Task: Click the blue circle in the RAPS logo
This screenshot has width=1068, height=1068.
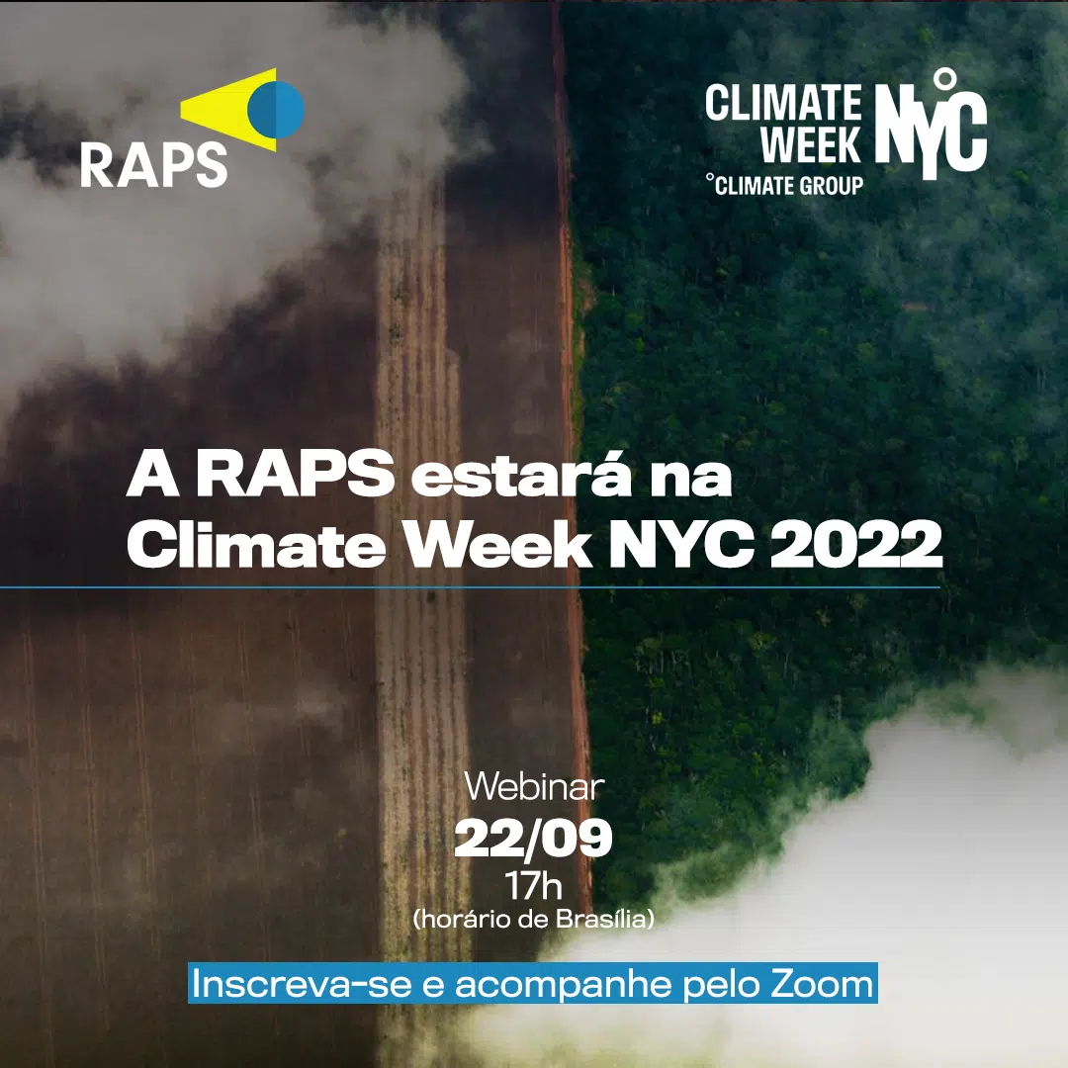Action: (x=275, y=109)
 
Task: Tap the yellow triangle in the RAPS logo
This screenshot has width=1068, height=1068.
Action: (x=224, y=109)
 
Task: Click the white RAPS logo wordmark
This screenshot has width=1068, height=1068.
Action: (x=154, y=165)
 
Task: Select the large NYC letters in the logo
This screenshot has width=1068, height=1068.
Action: (x=931, y=130)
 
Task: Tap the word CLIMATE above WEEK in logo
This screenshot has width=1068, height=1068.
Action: (x=783, y=103)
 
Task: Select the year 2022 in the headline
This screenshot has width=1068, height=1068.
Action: (x=856, y=544)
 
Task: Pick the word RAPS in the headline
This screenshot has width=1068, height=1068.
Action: (x=295, y=474)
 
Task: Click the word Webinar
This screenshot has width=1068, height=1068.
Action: (x=534, y=787)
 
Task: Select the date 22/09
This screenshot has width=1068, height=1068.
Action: (x=533, y=838)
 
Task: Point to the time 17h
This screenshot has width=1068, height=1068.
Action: (x=534, y=886)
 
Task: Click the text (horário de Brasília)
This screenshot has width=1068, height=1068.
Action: (x=534, y=919)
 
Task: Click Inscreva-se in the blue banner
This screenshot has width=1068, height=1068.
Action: (x=301, y=984)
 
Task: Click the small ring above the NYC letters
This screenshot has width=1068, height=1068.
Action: (x=944, y=78)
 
